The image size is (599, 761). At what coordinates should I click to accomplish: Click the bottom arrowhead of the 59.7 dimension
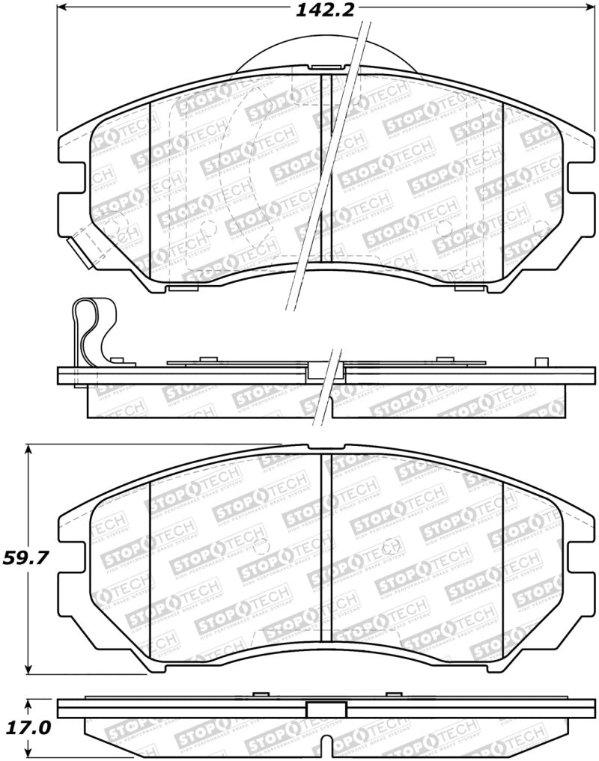tap(28, 667)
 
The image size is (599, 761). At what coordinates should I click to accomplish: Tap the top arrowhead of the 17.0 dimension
tap(28, 703)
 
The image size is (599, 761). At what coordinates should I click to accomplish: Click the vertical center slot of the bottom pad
tap(326, 546)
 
